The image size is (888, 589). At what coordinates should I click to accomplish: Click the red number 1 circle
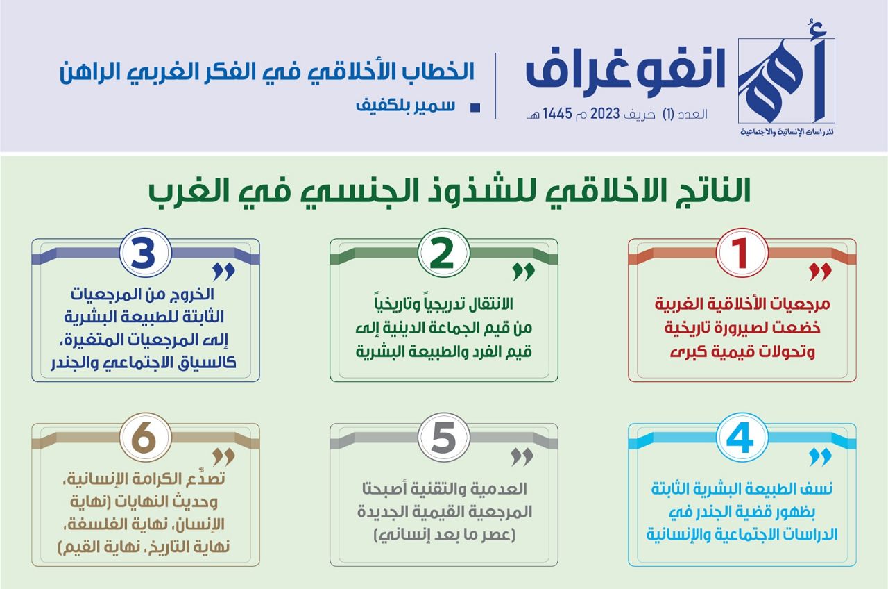tap(742, 253)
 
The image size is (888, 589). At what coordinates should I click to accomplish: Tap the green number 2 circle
tap(443, 253)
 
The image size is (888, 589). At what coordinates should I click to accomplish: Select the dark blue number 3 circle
tap(146, 253)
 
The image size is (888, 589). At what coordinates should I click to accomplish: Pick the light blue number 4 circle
tap(742, 438)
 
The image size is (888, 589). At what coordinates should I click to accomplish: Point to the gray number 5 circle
tap(443, 438)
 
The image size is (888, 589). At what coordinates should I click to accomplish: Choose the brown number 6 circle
tap(146, 438)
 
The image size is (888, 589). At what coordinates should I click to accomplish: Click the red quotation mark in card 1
tap(820, 272)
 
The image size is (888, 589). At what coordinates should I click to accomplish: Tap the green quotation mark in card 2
tap(523, 272)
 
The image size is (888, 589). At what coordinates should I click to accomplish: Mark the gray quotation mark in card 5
tap(522, 457)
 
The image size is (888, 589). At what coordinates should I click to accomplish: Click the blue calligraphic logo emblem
tap(787, 81)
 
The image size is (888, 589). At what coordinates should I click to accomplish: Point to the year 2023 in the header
tap(605, 115)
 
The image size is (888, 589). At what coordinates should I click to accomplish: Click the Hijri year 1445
tap(557, 115)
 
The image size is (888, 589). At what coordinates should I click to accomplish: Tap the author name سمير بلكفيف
tap(405, 106)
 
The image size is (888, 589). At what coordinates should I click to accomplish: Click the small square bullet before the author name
tap(475, 108)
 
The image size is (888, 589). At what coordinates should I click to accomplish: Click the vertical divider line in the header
tap(495, 85)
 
